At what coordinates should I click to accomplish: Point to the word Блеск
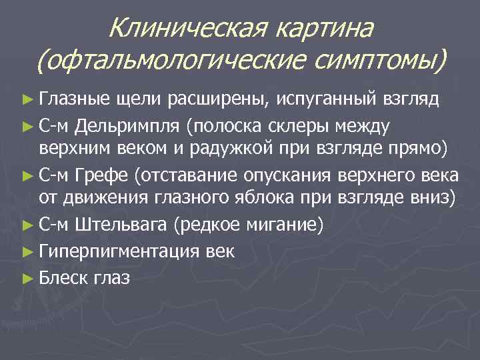click(x=65, y=277)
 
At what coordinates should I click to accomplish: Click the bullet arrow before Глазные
click(x=27, y=101)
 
